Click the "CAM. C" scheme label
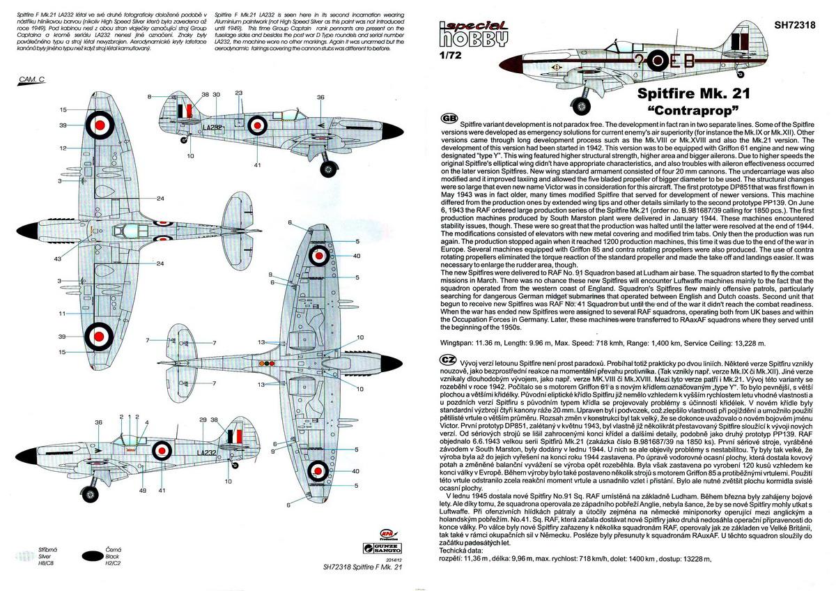[x=31, y=81]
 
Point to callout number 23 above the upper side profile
[x=238, y=93]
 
